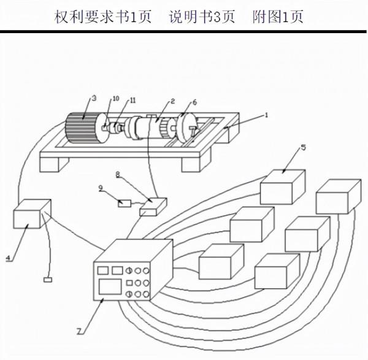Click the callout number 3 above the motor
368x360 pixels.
coord(94,98)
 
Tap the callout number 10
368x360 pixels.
coord(115,99)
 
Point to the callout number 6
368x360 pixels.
coord(194,102)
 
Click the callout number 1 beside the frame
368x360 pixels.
coord(266,115)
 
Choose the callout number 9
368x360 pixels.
coord(101,189)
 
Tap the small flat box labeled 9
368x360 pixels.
coord(125,203)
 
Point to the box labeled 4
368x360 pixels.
coord(29,217)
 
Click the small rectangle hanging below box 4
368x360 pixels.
coord(48,280)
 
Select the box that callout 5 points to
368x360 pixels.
coord(282,186)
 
